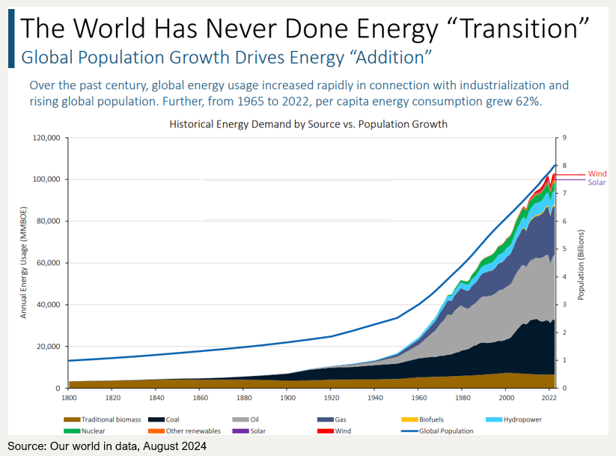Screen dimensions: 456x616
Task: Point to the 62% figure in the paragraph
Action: (x=526, y=100)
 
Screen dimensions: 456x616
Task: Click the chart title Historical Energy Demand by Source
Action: (x=308, y=124)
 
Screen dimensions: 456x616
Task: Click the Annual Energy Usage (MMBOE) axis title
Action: (x=23, y=262)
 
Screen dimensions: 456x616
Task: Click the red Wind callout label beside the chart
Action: (x=597, y=174)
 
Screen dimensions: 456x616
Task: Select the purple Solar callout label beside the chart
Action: (x=597, y=183)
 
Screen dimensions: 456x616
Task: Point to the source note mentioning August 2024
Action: (x=107, y=446)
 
